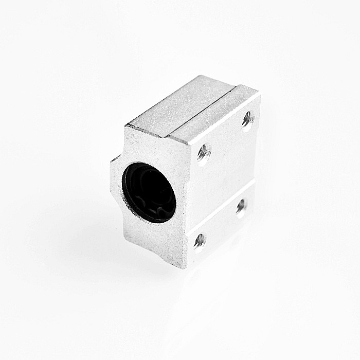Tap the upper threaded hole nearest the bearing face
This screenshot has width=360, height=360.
[x=203, y=152]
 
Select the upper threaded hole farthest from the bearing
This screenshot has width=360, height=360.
[x=247, y=119]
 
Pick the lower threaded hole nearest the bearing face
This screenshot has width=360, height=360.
[x=200, y=240]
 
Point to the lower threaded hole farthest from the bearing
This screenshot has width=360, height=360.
[x=241, y=206]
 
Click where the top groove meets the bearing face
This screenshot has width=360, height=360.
[x=168, y=136]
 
